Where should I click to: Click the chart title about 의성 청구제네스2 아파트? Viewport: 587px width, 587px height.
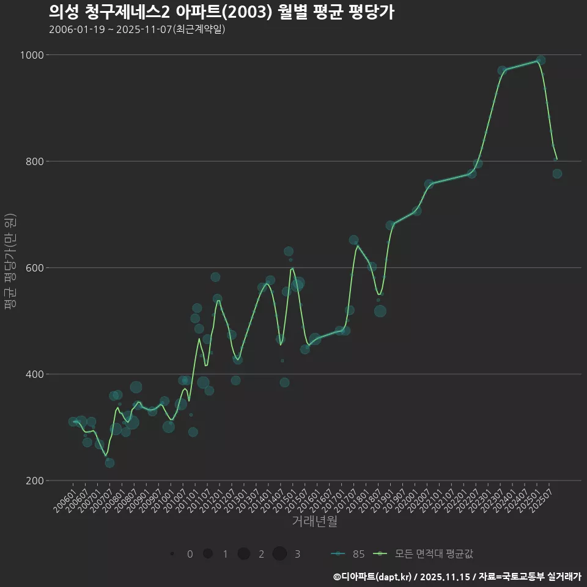click(x=221, y=12)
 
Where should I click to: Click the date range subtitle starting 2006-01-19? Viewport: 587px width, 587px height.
click(x=137, y=29)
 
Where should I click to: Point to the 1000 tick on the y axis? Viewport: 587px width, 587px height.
click(x=32, y=55)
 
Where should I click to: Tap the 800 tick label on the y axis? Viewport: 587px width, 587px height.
click(x=34, y=161)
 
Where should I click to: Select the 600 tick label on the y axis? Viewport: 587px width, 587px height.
click(x=34, y=268)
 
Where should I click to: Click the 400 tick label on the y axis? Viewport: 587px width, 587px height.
click(x=34, y=374)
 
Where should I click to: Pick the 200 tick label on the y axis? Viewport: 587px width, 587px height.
click(x=34, y=481)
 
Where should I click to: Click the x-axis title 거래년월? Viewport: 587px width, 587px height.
click(x=314, y=521)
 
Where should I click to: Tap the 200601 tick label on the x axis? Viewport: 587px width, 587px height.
click(x=65, y=499)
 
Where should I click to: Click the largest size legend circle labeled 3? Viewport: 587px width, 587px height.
click(x=280, y=554)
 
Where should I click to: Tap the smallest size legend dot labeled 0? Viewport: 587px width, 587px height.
click(x=173, y=554)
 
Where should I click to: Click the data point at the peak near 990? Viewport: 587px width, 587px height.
click(x=541, y=60)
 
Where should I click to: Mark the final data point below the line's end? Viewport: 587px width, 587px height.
click(x=557, y=174)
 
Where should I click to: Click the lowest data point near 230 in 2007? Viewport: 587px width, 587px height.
click(x=109, y=463)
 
